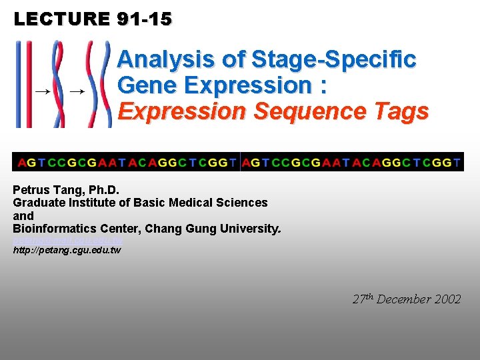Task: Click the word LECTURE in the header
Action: click(61, 19)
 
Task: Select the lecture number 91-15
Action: click(144, 19)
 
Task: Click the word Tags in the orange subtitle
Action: click(402, 111)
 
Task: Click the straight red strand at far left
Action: click(19, 84)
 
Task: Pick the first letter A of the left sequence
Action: click(22, 162)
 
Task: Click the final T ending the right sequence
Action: click(457, 162)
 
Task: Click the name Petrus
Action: click(33, 189)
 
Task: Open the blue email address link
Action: click(67, 240)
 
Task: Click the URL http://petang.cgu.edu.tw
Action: click(67, 250)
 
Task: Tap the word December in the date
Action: click(403, 299)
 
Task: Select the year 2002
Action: click(447, 299)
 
